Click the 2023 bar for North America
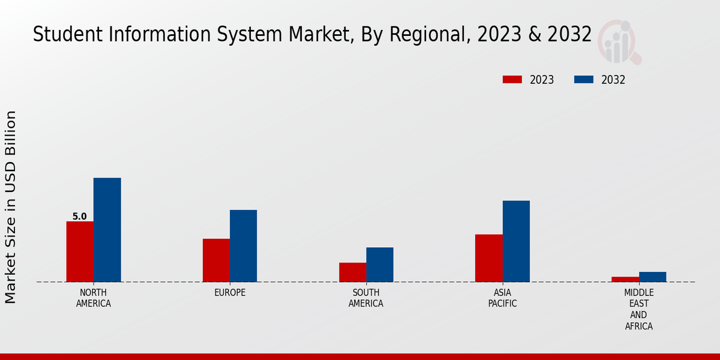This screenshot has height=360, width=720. tap(80, 251)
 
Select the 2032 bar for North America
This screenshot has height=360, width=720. tap(107, 230)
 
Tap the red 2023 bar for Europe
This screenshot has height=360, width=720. tap(216, 260)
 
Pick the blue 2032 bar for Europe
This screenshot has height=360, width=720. tap(243, 246)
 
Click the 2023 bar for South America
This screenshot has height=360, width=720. tap(352, 272)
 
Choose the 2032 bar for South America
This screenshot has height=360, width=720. tap(380, 265)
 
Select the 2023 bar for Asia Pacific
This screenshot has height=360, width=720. tap(488, 258)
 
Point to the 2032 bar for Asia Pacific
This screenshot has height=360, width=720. tap(516, 241)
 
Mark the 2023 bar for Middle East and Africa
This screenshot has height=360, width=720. tap(625, 279)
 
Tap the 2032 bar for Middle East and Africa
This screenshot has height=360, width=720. tap(652, 277)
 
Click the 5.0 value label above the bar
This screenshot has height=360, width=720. tap(79, 217)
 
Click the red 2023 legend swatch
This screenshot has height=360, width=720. tap(512, 80)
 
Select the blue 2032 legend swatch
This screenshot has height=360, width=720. tap(584, 80)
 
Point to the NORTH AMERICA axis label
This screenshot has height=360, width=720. tap(94, 298)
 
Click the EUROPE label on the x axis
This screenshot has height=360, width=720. tap(230, 293)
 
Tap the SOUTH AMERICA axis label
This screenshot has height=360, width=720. tap(366, 298)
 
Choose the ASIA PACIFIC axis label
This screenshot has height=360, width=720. tap(502, 298)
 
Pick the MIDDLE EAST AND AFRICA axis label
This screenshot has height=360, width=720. tap(638, 309)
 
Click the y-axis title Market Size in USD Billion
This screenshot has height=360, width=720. tap(11, 207)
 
